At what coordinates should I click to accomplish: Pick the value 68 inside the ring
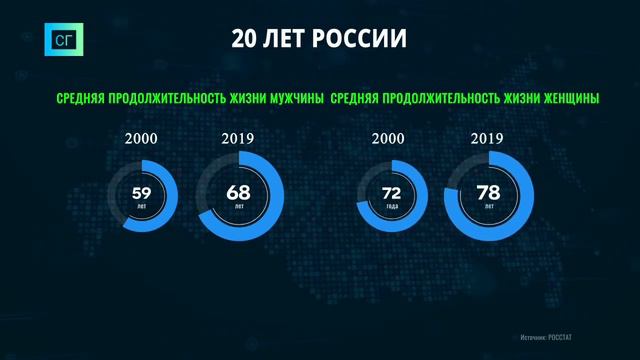(240, 191)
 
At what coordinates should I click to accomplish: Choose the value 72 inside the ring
(392, 191)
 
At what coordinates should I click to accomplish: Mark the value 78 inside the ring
(489, 191)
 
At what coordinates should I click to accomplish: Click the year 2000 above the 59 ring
(141, 139)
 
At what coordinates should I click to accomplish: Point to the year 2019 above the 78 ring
(488, 139)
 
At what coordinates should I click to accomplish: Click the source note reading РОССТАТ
(569, 339)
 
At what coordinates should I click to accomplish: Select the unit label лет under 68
(240, 205)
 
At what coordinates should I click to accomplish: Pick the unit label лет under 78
(489, 205)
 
